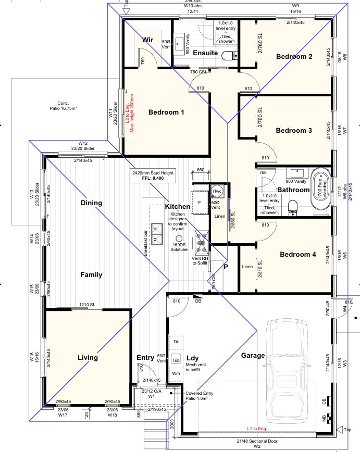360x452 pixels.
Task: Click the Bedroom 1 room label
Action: [x=166, y=112]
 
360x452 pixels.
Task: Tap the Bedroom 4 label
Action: [x=297, y=255]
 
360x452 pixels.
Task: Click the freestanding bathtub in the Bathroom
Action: [x=318, y=190]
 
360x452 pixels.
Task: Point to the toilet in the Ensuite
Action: [x=228, y=56]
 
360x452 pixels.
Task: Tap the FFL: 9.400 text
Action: [x=153, y=178]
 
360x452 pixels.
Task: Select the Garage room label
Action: [x=253, y=356]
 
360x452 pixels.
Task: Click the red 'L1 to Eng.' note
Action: [x=259, y=428]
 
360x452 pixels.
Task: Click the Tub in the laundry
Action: [x=176, y=359]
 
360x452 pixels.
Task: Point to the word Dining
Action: [x=91, y=203]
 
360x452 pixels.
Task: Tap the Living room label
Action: [x=88, y=357]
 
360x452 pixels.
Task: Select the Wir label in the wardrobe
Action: [x=148, y=39]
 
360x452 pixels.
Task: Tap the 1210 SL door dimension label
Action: [x=87, y=305]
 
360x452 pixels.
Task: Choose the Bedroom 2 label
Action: [x=294, y=56]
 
